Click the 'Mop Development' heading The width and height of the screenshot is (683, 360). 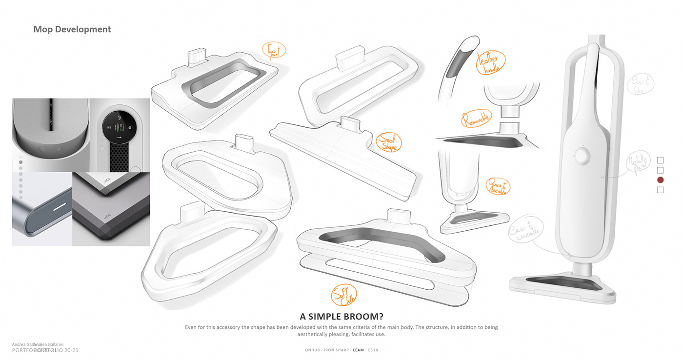[x=72, y=29]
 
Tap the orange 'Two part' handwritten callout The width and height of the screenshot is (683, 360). [x=274, y=49]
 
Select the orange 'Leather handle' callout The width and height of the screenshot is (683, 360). [x=491, y=63]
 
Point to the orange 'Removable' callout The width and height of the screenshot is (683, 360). [x=477, y=119]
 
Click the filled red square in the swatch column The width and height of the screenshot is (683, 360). [x=661, y=180]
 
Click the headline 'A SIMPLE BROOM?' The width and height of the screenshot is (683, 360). [x=341, y=316]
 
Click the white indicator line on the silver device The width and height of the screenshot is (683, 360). [x=60, y=207]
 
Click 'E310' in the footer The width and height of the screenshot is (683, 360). [x=373, y=350]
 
